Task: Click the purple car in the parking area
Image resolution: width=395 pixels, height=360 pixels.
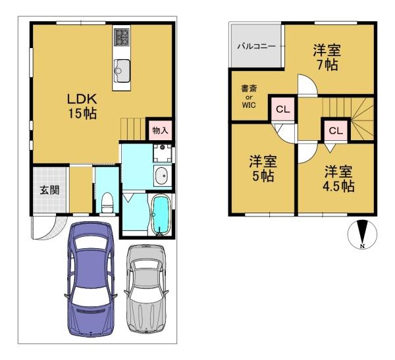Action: (x=91, y=279)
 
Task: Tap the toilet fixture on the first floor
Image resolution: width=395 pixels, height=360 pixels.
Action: (x=107, y=203)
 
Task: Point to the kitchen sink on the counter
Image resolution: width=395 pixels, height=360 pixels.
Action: (x=122, y=71)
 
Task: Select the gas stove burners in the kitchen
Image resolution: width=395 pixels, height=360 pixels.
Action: (x=121, y=37)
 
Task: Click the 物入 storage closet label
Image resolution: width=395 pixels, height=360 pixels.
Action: (x=160, y=130)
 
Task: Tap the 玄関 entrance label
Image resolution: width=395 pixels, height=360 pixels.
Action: (x=49, y=190)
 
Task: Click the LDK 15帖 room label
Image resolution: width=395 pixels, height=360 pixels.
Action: (x=82, y=107)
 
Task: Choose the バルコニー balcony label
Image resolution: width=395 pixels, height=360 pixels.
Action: (x=257, y=46)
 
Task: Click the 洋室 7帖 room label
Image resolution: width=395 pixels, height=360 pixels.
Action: (x=327, y=57)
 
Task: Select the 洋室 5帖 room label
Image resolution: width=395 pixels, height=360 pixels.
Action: (x=263, y=168)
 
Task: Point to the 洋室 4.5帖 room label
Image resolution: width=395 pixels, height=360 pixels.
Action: (x=338, y=179)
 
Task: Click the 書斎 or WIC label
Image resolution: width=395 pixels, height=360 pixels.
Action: (x=249, y=97)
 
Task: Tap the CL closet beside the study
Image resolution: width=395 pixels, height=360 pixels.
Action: (x=282, y=109)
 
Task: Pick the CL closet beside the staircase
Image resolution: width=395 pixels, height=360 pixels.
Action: (x=336, y=130)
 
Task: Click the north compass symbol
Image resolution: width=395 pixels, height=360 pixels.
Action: (x=362, y=234)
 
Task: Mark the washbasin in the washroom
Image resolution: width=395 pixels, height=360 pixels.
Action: (x=161, y=176)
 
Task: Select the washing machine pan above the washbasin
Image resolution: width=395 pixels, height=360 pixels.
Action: (x=163, y=153)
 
